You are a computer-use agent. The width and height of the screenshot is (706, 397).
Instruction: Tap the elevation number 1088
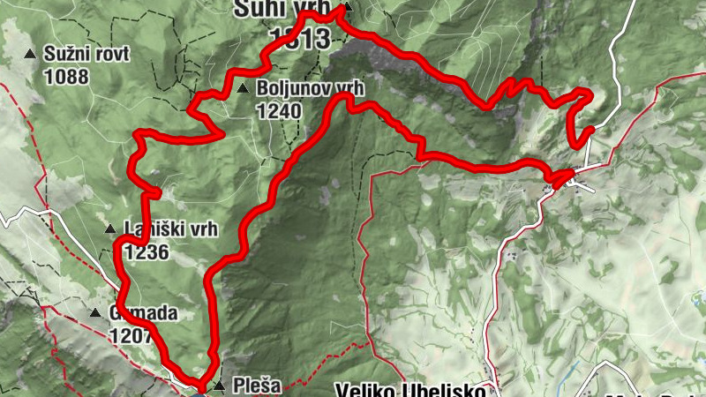65,76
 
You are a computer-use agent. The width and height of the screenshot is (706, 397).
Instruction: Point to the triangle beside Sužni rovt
31,55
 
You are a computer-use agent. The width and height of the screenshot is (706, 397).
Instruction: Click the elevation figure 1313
299,37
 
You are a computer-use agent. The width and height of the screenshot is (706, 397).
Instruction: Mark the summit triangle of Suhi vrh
347,8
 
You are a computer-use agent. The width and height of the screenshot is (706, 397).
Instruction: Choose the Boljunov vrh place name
311,89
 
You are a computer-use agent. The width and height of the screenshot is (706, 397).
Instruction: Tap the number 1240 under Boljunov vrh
280,111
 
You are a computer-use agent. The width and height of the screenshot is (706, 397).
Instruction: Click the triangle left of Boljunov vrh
242,89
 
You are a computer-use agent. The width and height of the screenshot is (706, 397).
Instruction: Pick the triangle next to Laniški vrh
110,229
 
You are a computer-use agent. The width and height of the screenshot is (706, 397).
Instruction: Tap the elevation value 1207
131,335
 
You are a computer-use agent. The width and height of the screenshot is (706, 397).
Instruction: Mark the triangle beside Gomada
94,313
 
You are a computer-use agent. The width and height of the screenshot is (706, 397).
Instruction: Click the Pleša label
257,386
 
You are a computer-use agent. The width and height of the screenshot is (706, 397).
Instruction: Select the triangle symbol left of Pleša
219,386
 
